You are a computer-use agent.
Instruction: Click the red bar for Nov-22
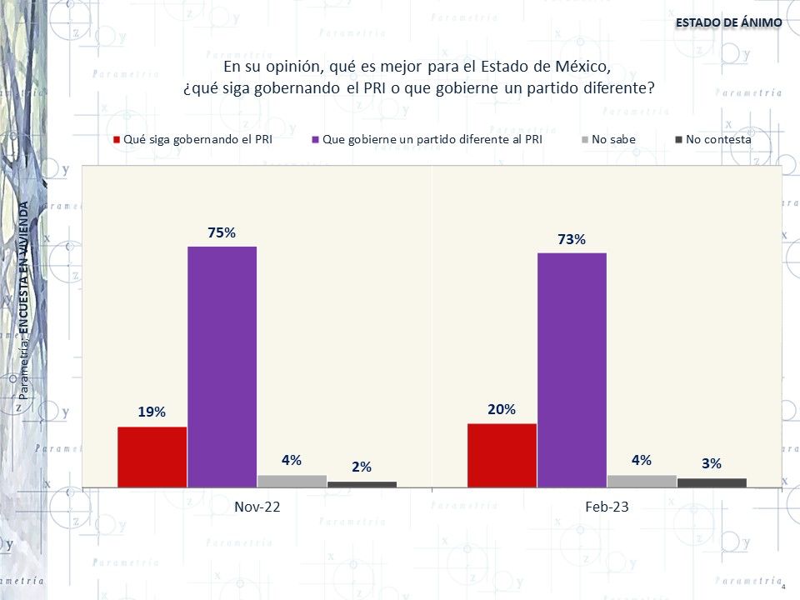coord(152,457)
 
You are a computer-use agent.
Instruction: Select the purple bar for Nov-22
coord(222,367)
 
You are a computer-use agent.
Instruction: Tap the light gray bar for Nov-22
coord(292,481)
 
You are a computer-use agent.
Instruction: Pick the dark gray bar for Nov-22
coord(362,484)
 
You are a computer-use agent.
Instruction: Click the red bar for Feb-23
coord(502,455)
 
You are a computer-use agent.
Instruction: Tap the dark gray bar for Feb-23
coord(712,482)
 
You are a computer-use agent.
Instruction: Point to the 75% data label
coord(222,233)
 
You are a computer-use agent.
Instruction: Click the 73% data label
coord(572,240)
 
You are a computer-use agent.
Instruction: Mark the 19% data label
coord(152,412)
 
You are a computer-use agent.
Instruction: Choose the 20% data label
coord(502,409)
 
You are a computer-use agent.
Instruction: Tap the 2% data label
coord(362,467)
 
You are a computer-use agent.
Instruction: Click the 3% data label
coord(712,463)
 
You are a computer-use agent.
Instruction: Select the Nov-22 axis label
coord(257,507)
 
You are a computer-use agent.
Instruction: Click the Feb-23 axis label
coord(606,507)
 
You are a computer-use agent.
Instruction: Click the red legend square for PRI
coord(117,140)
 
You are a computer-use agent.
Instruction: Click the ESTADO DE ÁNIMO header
coord(728,22)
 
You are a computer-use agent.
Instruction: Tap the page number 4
coord(783,587)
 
